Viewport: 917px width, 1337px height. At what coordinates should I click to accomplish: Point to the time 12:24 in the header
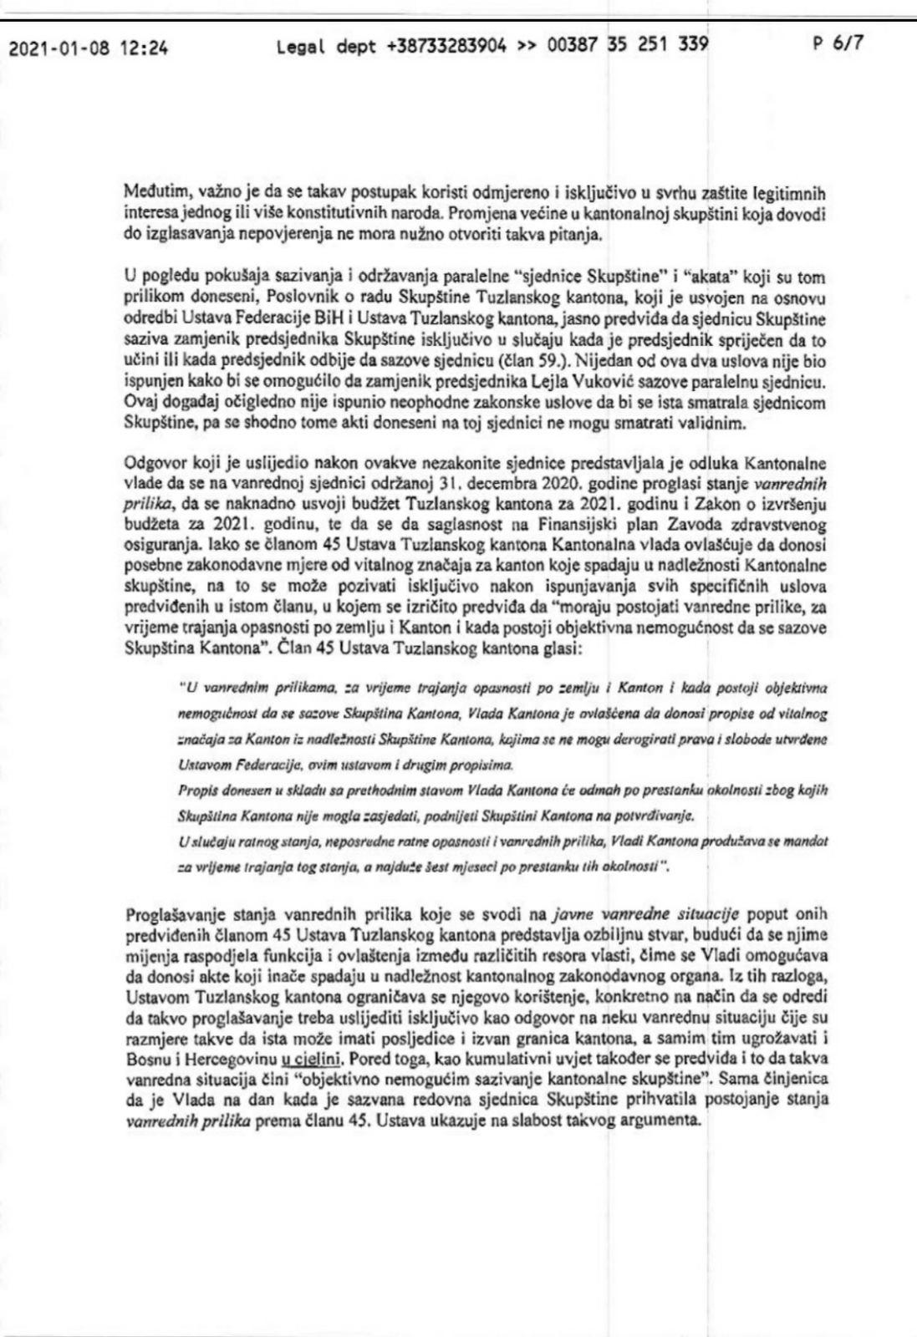pos(144,48)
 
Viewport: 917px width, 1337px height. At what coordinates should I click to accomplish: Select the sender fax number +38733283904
pos(447,47)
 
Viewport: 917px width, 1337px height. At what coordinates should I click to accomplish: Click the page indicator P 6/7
pos(838,44)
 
